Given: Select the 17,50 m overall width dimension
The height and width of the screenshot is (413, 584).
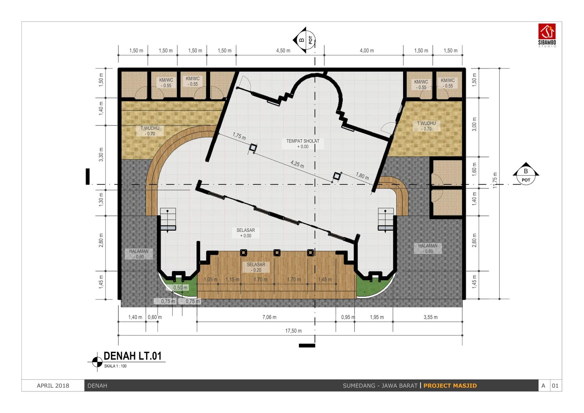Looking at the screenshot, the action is point(293,331).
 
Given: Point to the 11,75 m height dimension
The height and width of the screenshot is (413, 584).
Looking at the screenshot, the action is point(495,181).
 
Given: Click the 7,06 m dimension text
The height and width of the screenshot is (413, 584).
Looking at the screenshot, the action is point(269,317).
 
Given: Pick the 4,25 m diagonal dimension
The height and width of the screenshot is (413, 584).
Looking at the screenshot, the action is point(297,164).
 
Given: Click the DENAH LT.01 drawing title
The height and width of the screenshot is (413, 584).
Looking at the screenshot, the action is point(133,356).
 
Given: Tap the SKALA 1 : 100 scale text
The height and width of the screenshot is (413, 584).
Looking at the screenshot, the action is point(115,366).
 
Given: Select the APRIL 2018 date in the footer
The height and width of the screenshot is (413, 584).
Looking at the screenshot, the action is point(53,386).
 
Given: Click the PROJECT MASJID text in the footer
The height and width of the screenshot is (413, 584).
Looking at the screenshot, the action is point(450,386).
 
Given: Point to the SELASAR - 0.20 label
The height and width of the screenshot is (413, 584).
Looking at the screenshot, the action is point(256,267).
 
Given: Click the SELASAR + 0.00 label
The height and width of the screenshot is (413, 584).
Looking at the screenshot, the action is point(246,233).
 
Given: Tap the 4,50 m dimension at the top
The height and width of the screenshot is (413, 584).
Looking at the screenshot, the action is point(283,50).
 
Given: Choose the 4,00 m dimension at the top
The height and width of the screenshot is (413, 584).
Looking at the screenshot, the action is point(367,50).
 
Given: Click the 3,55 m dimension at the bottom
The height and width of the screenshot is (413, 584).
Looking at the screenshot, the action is point(430,317).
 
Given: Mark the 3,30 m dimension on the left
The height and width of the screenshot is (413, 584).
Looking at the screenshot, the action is point(101,155).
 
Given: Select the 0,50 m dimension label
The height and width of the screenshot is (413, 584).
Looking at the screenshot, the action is point(180,288).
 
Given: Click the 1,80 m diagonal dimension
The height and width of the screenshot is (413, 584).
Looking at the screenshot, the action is point(362,176).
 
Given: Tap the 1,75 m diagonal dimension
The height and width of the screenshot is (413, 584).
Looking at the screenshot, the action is point(239,136).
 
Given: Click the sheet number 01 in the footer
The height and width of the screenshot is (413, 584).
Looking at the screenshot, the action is point(555,386).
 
